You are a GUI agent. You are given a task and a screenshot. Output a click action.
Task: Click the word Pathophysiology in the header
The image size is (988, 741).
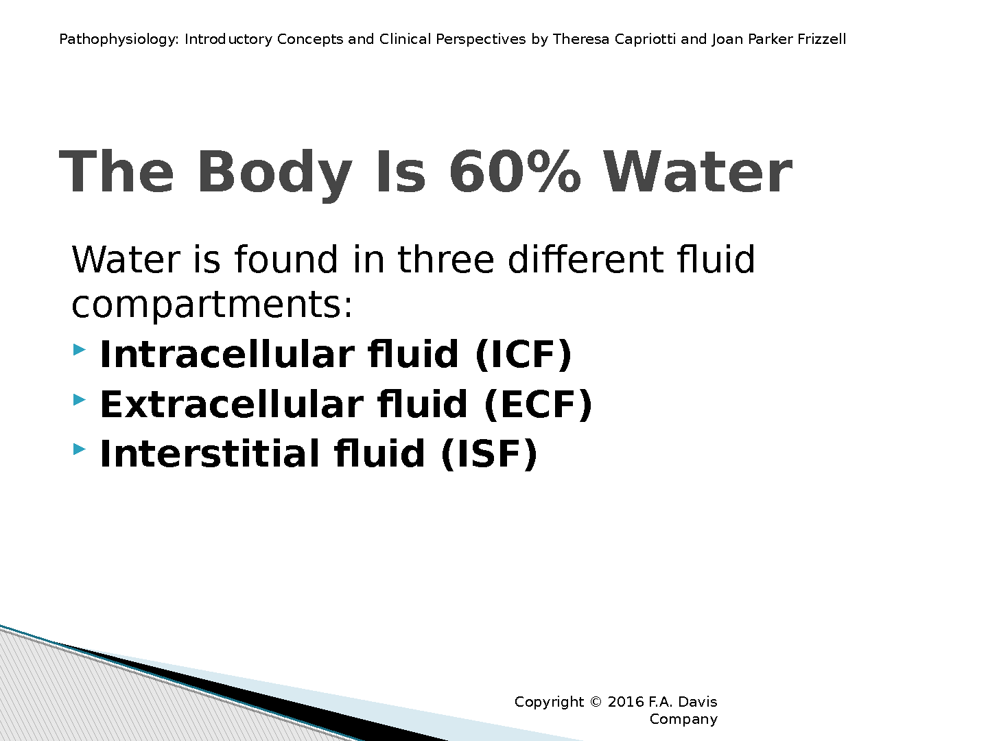119,40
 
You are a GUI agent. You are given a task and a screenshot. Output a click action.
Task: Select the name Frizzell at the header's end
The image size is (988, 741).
822,39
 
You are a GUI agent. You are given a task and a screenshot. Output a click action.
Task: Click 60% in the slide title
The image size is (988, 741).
515,172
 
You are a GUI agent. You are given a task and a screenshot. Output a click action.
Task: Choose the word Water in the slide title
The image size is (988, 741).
697,172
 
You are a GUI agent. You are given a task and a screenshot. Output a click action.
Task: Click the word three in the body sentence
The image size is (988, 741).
445,259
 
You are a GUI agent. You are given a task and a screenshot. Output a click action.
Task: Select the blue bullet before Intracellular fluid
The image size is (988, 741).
79,350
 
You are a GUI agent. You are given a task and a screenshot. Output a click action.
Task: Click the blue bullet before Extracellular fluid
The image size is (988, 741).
79,399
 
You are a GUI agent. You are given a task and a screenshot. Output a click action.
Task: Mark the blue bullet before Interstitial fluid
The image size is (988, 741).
79,449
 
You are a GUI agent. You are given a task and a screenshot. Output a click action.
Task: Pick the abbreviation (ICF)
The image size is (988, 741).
523,355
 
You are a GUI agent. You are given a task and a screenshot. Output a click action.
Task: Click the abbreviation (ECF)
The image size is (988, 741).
538,405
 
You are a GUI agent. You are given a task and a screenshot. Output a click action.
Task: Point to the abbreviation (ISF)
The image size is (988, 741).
489,454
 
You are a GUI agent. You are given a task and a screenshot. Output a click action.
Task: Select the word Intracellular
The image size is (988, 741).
227,354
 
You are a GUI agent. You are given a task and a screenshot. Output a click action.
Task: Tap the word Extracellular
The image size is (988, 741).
232,404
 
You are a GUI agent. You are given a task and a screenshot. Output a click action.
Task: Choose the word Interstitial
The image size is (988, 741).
210,454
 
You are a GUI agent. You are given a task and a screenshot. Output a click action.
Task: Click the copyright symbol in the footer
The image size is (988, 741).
596,702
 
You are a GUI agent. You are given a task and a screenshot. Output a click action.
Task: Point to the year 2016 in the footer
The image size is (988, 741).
626,702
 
